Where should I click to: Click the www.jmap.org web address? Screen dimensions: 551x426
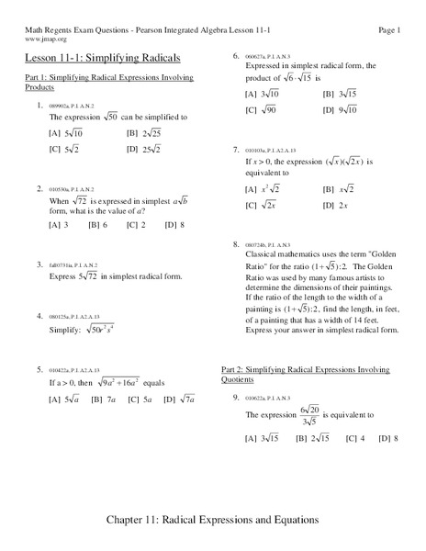44,40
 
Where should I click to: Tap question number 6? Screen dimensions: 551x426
237,56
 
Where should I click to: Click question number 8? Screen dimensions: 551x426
237,244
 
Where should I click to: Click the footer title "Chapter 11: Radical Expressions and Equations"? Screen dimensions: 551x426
213,520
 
